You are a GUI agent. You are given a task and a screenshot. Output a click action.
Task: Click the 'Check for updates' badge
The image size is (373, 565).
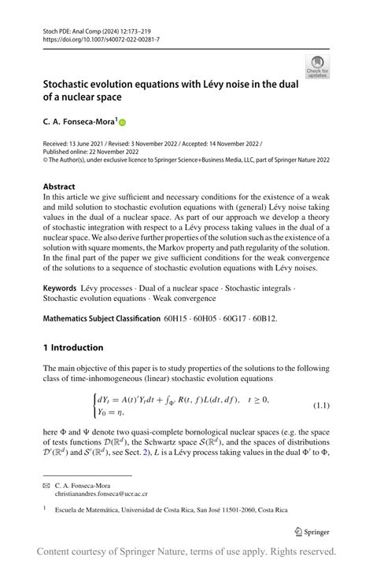[318, 66]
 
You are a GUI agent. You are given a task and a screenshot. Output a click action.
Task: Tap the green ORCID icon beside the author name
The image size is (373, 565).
[123, 122]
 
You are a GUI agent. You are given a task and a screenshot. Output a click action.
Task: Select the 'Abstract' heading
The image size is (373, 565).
[59, 186]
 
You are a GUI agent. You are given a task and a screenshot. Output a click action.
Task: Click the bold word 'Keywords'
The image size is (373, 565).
[60, 289]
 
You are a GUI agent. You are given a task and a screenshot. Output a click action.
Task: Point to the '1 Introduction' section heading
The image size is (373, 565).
[73, 347]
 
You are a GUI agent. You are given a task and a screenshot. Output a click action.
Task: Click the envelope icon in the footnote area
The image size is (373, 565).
[46, 486]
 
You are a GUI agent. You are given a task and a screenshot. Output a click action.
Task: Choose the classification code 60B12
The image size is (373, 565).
[264, 318]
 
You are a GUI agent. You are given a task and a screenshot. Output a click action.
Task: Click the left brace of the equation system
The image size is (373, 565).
[96, 405]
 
